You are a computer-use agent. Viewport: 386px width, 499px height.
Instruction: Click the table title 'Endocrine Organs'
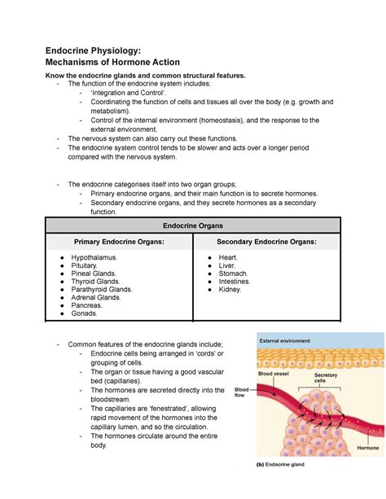coord(193,225)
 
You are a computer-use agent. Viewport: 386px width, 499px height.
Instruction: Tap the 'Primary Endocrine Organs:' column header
coord(119,242)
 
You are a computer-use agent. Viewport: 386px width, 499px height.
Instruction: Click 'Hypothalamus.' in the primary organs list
coord(94,257)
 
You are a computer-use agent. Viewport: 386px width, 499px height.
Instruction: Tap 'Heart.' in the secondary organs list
coord(230,257)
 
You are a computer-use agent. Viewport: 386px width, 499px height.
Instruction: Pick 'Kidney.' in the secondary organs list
coord(231,289)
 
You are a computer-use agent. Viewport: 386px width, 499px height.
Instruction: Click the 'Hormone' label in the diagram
coord(367,448)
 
